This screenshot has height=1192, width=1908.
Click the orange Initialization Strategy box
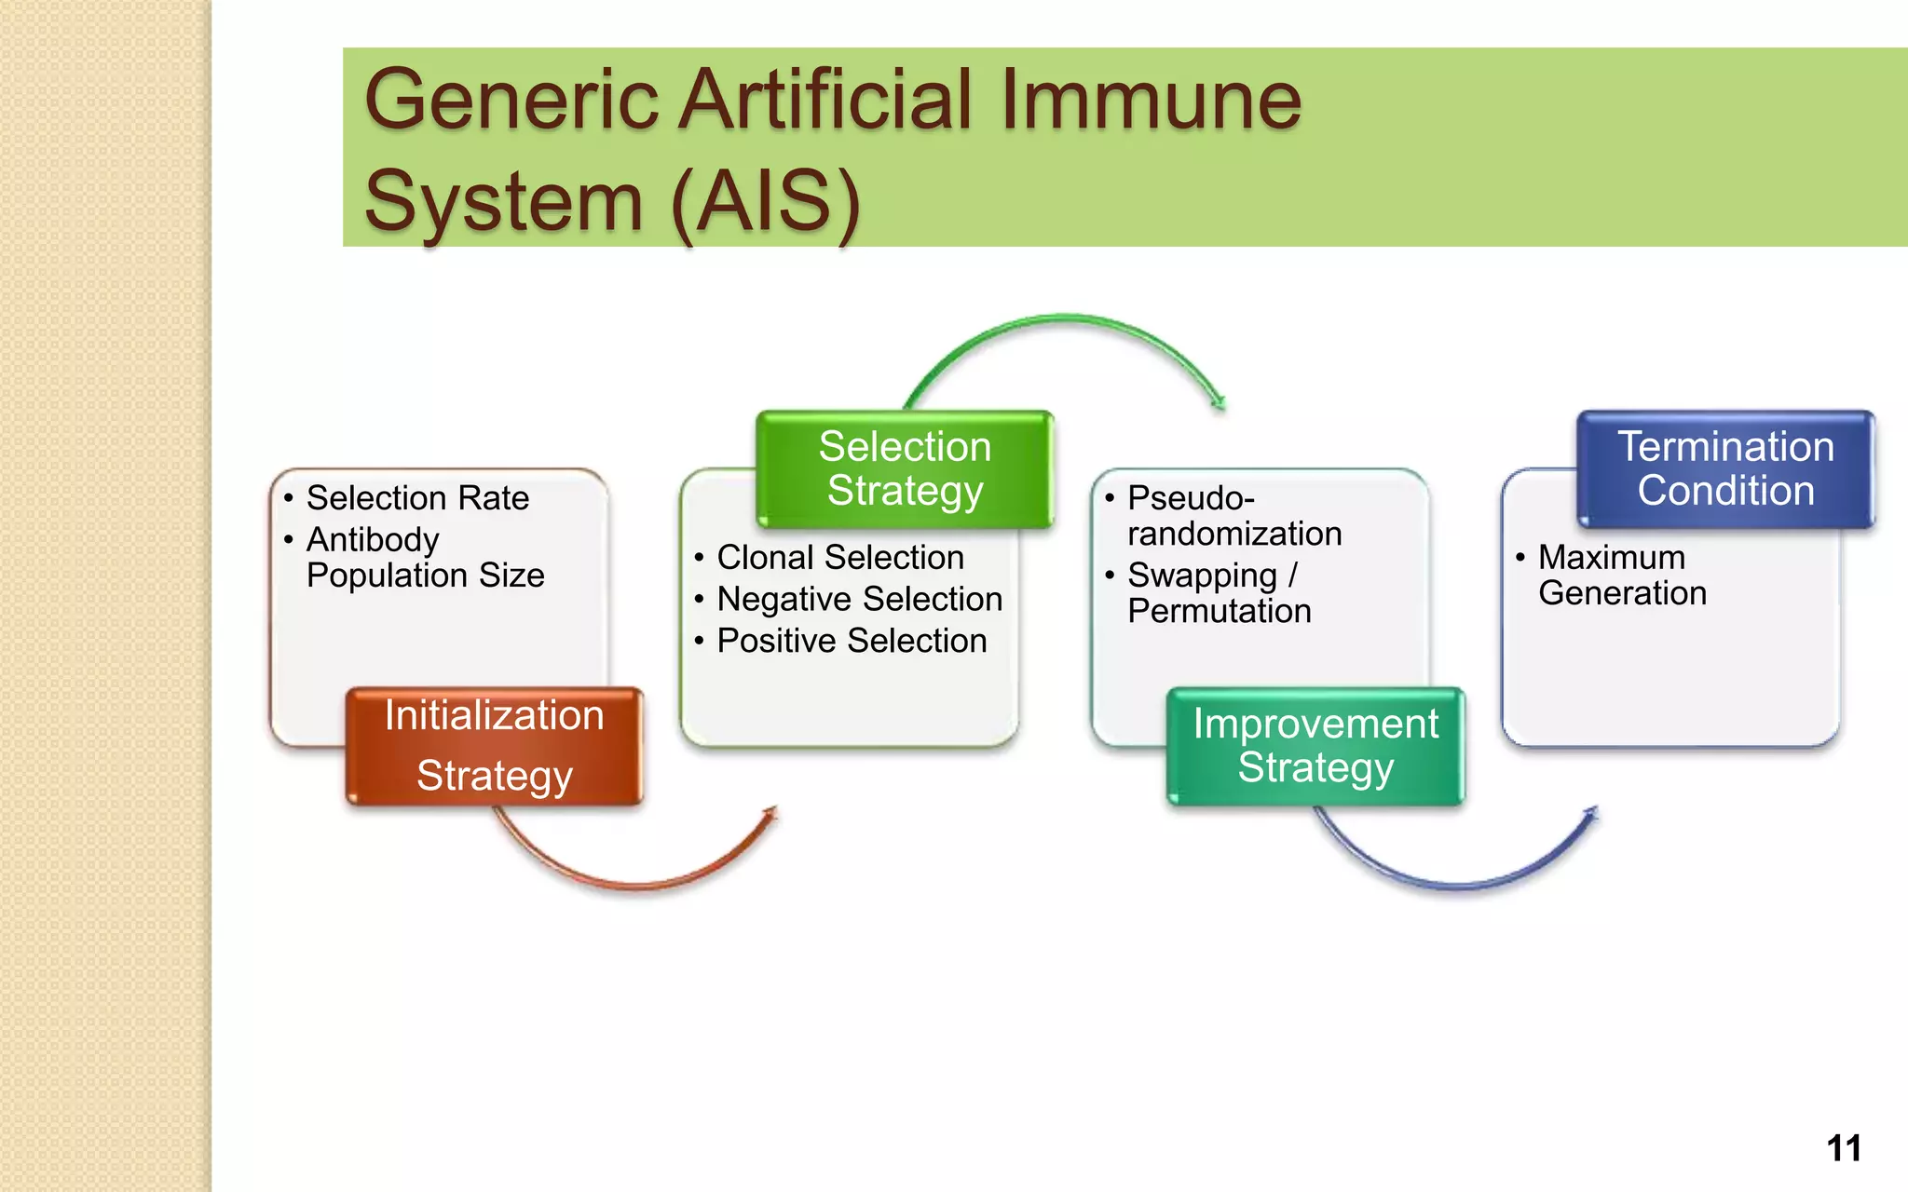click(x=494, y=746)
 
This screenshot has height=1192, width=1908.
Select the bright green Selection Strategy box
click(x=905, y=468)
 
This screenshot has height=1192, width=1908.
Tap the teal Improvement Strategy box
click(x=1315, y=746)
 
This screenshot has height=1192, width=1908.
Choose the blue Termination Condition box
click(x=1725, y=468)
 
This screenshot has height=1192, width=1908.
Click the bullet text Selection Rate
click(x=417, y=498)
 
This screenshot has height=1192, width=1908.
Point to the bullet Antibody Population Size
click(x=425, y=557)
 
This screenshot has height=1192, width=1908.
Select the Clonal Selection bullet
click(x=840, y=557)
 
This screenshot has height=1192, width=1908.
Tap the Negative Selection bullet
click(x=859, y=599)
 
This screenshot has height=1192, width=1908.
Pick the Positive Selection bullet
click(x=852, y=641)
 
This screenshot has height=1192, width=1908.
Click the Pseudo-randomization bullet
click(x=1233, y=516)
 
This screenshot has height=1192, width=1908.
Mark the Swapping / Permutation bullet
click(x=1219, y=592)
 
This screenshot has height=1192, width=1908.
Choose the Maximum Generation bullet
click(x=1621, y=575)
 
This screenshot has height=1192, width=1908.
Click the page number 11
click(x=1844, y=1148)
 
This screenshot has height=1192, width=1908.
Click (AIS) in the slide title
click(x=765, y=200)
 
